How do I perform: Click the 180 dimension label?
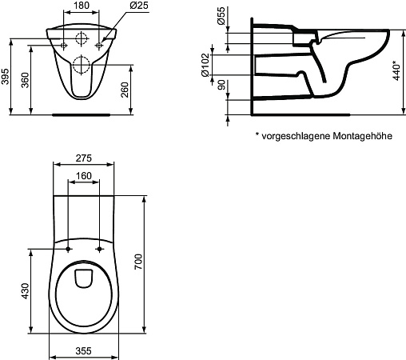(x=81, y=6)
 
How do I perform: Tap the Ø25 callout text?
(x=139, y=6)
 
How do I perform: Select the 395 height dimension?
(x=5, y=77)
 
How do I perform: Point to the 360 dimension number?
(x=26, y=80)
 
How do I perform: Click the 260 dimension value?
(x=125, y=90)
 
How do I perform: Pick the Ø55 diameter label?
(x=221, y=16)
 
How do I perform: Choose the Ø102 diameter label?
(x=205, y=65)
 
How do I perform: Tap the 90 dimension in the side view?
(x=221, y=85)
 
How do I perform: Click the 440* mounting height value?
(x=397, y=70)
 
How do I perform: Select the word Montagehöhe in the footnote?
(x=363, y=136)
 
